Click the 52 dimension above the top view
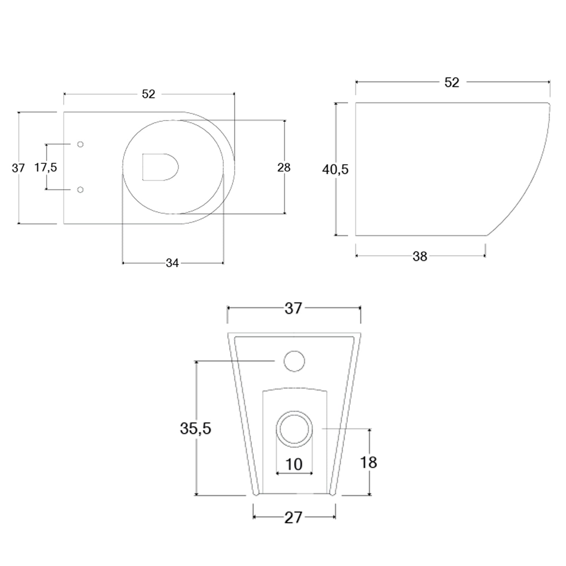(x=148, y=94)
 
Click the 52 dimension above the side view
(x=451, y=82)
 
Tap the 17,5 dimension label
(x=46, y=167)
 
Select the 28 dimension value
(x=284, y=167)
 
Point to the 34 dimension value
(x=172, y=263)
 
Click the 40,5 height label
(x=335, y=170)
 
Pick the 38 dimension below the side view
(x=420, y=256)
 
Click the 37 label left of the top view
(x=18, y=168)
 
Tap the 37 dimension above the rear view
(x=293, y=308)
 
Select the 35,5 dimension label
(x=195, y=428)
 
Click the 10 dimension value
(x=294, y=464)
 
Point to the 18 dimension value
(x=368, y=462)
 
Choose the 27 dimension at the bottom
(x=293, y=518)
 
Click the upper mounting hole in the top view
(x=80, y=144)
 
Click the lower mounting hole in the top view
(x=80, y=189)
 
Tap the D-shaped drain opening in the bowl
(x=159, y=167)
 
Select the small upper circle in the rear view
(x=294, y=361)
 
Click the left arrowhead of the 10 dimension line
(x=278, y=473)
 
